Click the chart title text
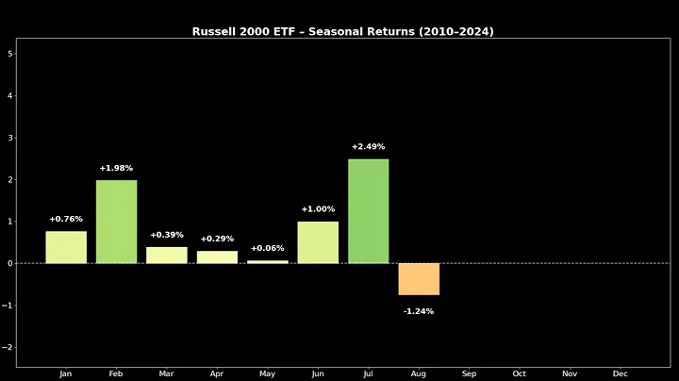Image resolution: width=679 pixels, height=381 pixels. coord(342,31)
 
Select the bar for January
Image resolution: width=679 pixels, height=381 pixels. coord(66,247)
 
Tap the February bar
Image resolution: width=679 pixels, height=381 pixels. coord(116,222)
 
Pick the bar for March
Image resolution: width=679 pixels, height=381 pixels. coord(167,255)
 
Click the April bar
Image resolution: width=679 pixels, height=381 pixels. coord(217,257)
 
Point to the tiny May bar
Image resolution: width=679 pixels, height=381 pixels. coord(268,261)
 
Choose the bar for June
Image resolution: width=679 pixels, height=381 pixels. coord(318,242)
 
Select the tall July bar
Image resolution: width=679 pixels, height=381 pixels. coord(368,211)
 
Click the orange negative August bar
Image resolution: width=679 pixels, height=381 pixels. coord(419,279)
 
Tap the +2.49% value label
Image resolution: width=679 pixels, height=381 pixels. coord(368,147)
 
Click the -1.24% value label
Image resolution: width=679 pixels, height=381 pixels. coord(419,311)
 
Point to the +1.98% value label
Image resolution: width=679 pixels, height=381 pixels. coord(116,169)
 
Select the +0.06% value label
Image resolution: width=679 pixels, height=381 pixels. coord(268,249)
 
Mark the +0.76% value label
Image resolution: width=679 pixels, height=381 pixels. coord(66,220)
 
